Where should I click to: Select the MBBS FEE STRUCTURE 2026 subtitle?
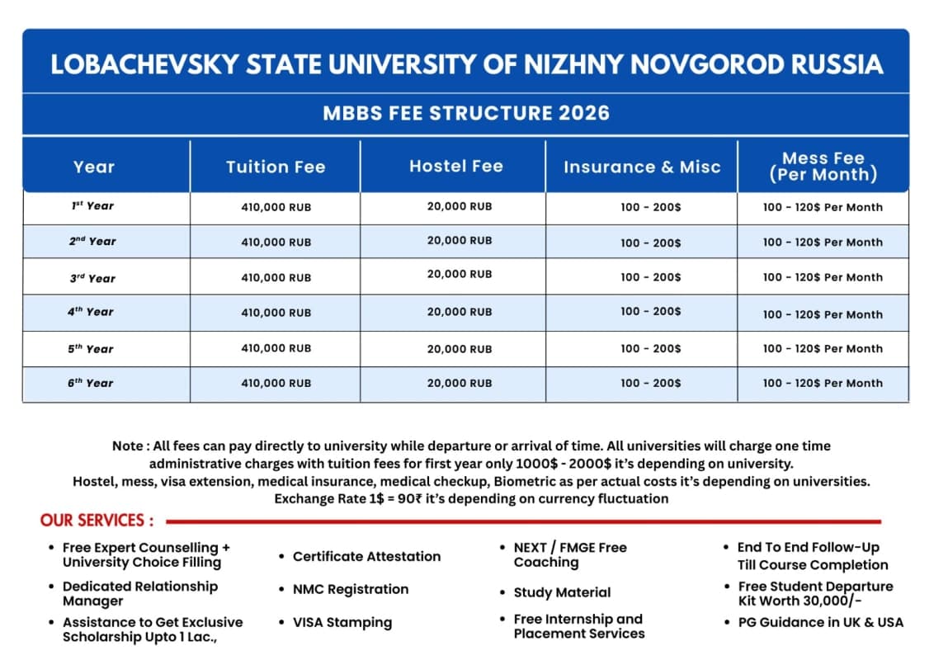coord(466,113)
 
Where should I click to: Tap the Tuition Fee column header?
coord(276,167)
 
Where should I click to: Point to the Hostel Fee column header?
coord(455,166)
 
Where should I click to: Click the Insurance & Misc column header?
coord(642,167)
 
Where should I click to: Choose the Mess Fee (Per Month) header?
coord(823,167)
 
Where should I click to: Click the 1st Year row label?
coord(92,206)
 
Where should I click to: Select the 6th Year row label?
coord(91,383)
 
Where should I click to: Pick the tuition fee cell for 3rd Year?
coord(276,278)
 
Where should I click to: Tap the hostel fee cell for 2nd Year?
coord(460,240)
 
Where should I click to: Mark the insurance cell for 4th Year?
coord(651,311)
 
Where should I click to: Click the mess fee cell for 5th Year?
coord(823,348)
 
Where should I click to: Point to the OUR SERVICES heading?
coord(97,521)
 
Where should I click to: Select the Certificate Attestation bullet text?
coord(366,556)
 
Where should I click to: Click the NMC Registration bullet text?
coord(351,589)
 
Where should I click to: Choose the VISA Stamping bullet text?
coord(342,622)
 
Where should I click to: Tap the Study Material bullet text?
coord(562,592)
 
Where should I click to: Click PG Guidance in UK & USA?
coord(820,621)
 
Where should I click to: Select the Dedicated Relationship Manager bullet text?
coord(140,592)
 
